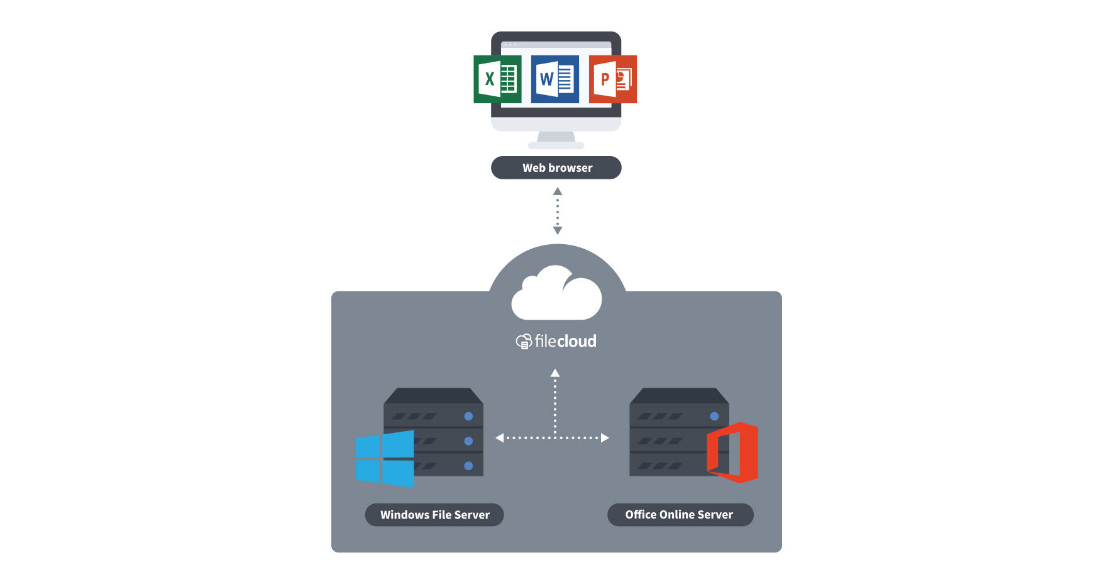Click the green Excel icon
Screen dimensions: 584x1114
[497, 79]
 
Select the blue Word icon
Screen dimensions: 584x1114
[554, 79]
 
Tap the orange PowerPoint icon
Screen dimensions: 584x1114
[612, 79]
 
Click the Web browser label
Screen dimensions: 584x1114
[556, 168]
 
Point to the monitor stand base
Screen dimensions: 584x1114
[556, 145]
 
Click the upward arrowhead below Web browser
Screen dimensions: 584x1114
[557, 191]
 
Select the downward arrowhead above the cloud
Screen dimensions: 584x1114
[557, 230]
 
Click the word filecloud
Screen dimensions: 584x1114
[565, 341]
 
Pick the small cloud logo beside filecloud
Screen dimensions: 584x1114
[524, 342]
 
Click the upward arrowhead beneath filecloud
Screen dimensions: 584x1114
[555, 373]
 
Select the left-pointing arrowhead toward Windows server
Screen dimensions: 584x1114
[500, 437]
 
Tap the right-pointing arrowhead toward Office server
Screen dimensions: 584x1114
[605, 437]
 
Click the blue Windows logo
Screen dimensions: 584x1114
[385, 459]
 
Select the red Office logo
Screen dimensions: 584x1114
[733, 452]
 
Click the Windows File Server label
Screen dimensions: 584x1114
[434, 515]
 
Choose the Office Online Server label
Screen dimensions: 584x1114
[680, 515]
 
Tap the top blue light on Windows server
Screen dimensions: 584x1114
[468, 416]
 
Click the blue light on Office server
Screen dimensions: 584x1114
[714, 416]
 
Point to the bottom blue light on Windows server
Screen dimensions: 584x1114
[468, 466]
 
